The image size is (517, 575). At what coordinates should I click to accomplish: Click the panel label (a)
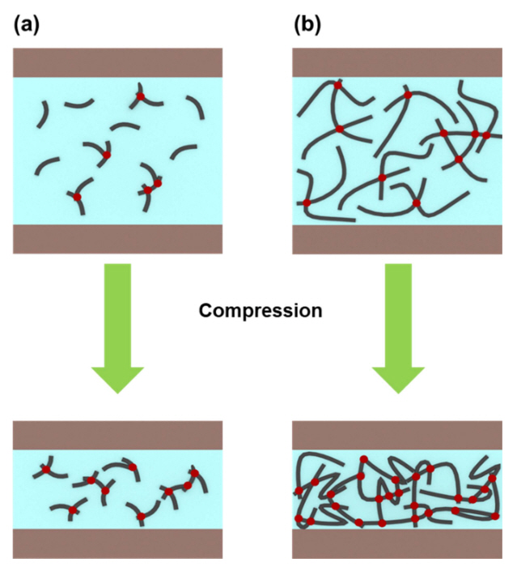26,24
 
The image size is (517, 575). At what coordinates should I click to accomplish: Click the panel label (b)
307,24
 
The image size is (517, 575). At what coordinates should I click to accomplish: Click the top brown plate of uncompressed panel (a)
117,62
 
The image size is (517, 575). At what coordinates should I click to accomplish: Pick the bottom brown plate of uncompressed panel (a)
117,239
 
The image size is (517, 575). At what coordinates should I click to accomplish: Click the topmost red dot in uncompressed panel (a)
140,96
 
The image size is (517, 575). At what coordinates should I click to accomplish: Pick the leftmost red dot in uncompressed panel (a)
78,197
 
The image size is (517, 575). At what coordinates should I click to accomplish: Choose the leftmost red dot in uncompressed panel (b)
306,202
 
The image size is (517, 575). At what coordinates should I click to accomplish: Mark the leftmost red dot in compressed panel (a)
46,470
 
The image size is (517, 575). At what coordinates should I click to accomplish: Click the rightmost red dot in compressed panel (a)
194,473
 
